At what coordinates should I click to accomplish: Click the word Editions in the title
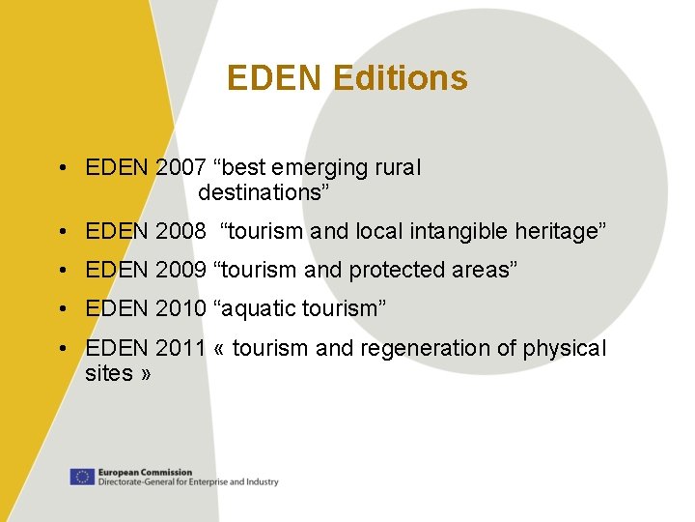tap(400, 78)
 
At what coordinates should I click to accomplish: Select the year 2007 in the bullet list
tap(181, 168)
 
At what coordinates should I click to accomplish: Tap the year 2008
tap(181, 232)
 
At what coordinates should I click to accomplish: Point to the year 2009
tap(181, 271)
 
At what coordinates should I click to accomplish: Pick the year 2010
tap(181, 309)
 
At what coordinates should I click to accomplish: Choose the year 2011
tap(181, 348)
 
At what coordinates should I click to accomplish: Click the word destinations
tap(262, 192)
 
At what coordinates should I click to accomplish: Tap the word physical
tap(565, 348)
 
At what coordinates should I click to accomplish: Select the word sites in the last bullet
tap(109, 373)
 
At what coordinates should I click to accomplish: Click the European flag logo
tap(81, 477)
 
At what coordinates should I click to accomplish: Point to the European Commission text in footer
tap(145, 473)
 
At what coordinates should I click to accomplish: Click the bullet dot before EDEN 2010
tap(61, 309)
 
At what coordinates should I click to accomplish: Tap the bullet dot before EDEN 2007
tap(61, 168)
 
